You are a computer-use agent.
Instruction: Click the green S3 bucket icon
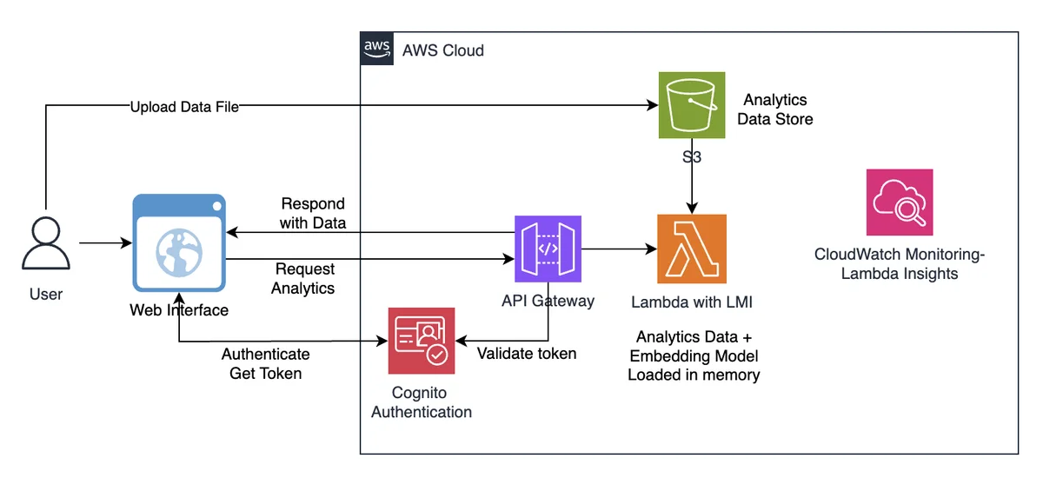point(692,105)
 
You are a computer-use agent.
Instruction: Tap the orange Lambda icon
point(692,249)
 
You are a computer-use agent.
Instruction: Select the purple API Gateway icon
point(548,249)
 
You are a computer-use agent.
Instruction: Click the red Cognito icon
point(422,341)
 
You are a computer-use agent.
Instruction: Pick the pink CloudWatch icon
point(899,202)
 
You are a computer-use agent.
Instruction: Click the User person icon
point(45,243)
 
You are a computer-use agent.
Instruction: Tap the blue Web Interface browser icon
point(179,243)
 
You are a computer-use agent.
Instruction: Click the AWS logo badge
point(376,49)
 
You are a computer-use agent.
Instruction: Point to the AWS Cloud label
point(442,50)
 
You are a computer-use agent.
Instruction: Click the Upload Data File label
point(184,107)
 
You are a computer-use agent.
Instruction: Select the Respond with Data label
point(313,213)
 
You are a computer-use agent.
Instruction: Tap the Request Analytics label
point(303,278)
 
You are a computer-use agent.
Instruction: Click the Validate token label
point(527,353)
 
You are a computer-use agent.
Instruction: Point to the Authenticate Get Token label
point(265,363)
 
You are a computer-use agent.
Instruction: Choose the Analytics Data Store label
point(774,110)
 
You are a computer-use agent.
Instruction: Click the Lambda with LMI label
point(692,302)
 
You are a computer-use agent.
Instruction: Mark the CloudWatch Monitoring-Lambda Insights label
point(899,264)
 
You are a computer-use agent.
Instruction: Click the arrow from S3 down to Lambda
point(692,176)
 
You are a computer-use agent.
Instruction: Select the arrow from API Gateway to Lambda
point(619,249)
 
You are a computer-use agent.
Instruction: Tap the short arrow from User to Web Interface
point(106,242)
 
